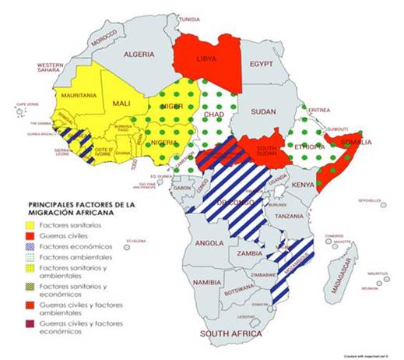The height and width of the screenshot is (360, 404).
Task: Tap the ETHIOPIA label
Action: (309, 146)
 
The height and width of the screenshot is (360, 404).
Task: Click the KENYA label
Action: (304, 185)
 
